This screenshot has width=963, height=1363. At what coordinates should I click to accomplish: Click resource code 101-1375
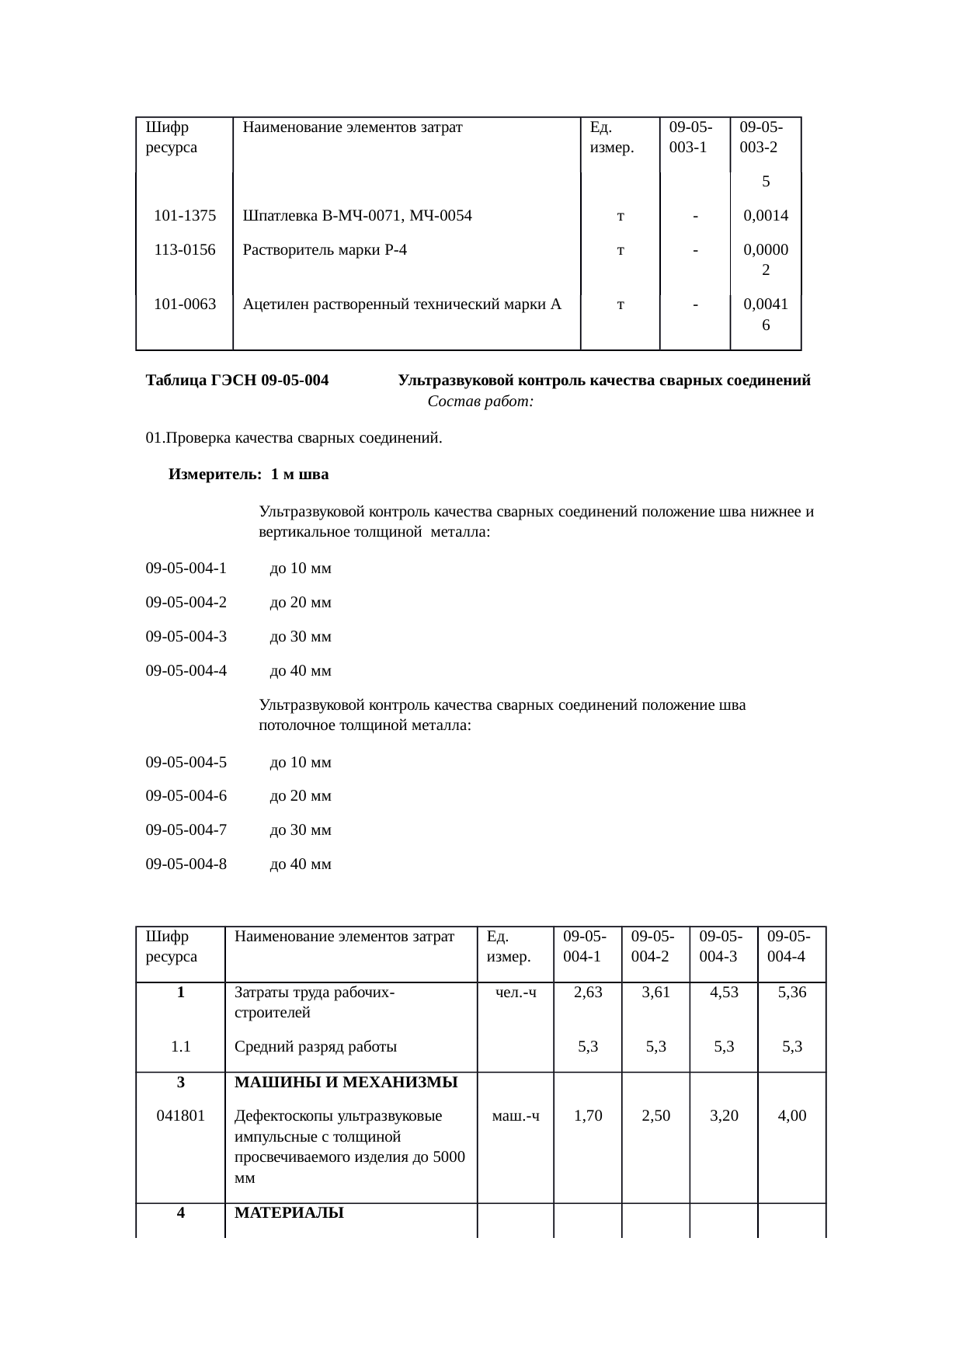[185, 216]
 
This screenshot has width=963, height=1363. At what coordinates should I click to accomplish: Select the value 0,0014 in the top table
[766, 216]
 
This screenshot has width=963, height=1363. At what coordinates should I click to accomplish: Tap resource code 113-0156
[185, 250]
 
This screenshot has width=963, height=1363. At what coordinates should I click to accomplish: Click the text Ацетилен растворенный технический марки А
[402, 304]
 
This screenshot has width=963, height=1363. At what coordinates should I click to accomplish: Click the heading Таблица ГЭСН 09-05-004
[237, 381]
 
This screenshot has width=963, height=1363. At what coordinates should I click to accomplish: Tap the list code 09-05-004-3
[186, 637]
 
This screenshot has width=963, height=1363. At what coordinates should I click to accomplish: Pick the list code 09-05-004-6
[186, 796]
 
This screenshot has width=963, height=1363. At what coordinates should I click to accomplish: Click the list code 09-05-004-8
[186, 864]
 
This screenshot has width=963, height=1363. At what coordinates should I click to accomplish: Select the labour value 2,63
[588, 992]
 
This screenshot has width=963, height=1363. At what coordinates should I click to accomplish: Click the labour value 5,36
[792, 992]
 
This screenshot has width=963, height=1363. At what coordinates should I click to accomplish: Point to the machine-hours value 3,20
[724, 1116]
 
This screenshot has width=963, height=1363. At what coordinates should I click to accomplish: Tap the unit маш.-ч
[516, 1116]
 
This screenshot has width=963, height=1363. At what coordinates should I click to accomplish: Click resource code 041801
[181, 1116]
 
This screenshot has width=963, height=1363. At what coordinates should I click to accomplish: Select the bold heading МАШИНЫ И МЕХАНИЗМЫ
[346, 1082]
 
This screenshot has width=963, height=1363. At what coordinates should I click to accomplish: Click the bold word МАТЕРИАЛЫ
[289, 1213]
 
